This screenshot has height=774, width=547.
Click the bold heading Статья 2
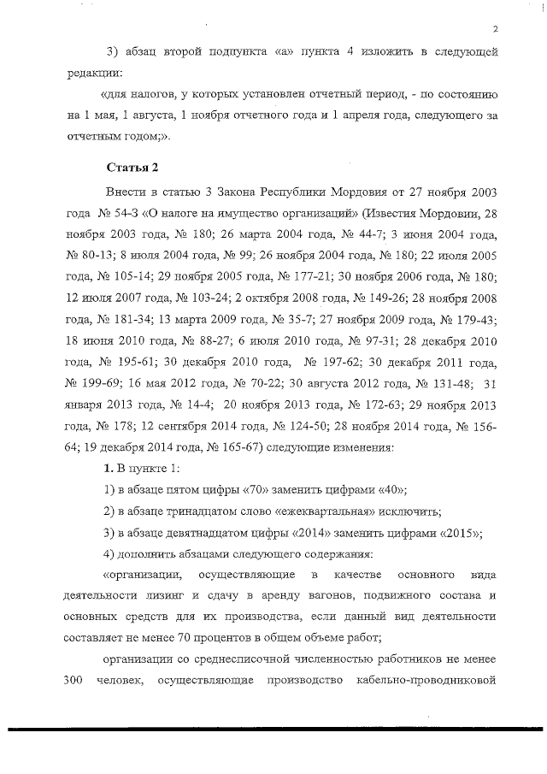point(129,165)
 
